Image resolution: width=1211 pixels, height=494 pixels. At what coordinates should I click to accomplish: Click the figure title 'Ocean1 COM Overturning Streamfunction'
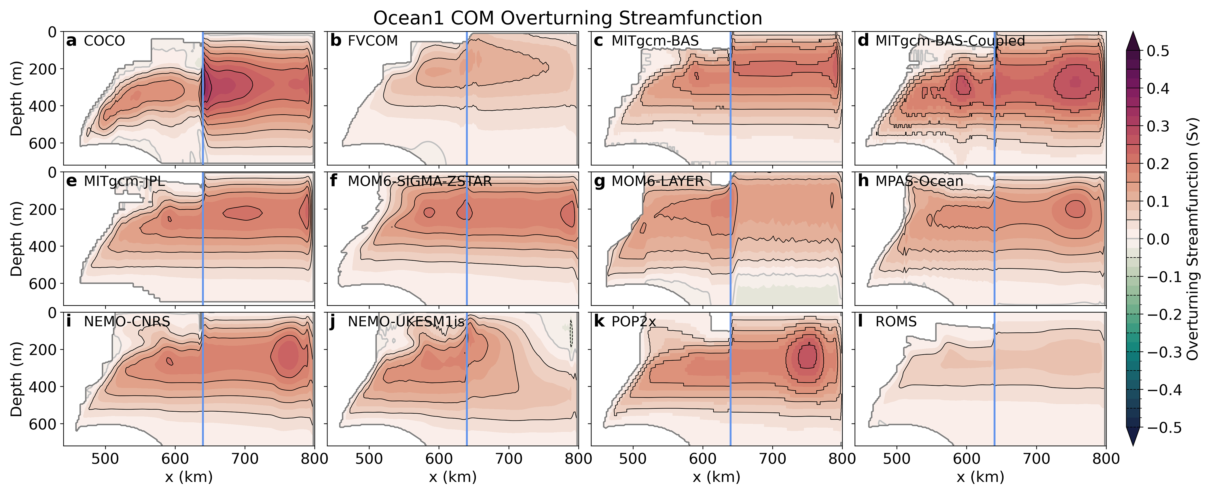[x=567, y=18]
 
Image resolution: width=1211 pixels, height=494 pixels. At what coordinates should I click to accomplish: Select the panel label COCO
[x=104, y=41]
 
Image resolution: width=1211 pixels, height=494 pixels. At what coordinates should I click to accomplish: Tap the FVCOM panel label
[x=372, y=41]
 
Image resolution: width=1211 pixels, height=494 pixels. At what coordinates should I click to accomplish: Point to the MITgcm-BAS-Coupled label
[x=950, y=41]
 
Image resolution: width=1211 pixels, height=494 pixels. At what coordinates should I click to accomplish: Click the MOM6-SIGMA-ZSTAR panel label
[x=419, y=181]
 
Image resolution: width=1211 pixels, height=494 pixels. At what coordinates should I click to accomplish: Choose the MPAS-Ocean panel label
[x=919, y=181]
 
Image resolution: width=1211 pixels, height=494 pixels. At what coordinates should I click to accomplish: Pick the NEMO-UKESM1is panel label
[x=406, y=321]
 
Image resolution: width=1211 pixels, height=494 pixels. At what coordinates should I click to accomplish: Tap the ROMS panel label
[x=896, y=321]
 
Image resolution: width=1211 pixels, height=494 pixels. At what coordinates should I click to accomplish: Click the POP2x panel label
[x=633, y=321]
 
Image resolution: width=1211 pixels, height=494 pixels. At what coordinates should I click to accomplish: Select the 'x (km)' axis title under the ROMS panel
[x=980, y=477]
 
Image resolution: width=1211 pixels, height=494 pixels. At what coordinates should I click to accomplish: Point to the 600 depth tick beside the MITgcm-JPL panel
[x=43, y=283]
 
